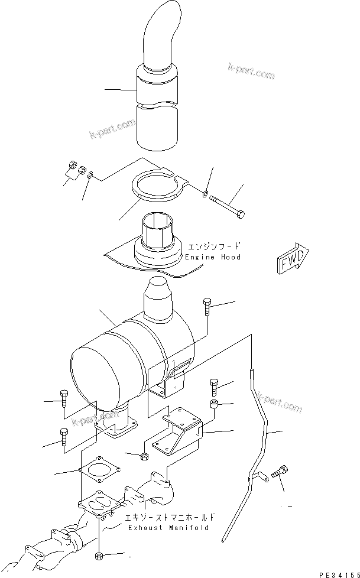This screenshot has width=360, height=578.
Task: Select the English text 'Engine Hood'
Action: (213, 258)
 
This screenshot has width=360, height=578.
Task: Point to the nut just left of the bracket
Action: (143, 456)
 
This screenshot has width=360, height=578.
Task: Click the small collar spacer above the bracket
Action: (215, 404)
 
